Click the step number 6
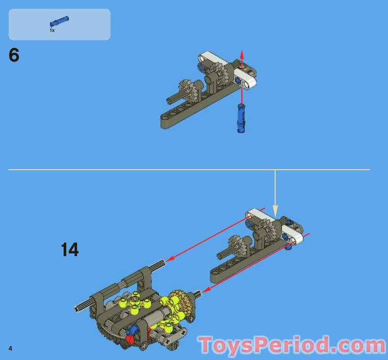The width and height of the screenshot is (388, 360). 14,55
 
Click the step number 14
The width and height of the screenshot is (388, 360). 70,250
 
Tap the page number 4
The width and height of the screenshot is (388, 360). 10,348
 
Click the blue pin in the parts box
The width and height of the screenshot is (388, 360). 59,21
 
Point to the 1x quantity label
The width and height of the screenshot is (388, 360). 52,31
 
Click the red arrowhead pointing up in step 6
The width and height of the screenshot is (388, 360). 242,55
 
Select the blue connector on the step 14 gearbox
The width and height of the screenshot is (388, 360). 131,331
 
